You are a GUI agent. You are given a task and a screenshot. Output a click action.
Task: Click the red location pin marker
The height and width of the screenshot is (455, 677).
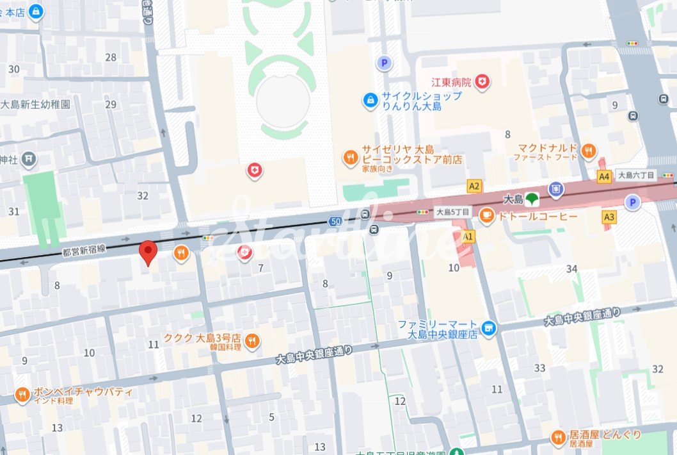coord(148,252)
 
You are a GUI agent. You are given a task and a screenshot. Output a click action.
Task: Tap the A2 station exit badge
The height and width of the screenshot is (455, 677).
coord(474,186)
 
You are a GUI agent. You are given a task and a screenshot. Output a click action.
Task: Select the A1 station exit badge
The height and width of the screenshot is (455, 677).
coord(468,236)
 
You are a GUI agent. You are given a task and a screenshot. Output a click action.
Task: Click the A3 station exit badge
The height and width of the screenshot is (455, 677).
coord(609,217)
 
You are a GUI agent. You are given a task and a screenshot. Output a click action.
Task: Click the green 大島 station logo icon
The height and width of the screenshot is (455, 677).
coord(532,200)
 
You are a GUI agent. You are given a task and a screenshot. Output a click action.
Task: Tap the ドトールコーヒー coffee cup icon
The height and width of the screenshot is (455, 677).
coord(487,215)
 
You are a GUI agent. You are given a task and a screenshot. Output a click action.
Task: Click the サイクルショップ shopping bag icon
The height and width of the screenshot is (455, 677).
coord(370,101)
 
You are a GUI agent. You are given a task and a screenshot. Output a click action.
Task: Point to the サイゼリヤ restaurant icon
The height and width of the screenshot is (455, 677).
coord(350,156)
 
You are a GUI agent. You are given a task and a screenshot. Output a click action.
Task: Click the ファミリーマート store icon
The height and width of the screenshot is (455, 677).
coord(489,329)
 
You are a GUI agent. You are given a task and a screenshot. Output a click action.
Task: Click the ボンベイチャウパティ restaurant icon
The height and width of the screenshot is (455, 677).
coord(22,395)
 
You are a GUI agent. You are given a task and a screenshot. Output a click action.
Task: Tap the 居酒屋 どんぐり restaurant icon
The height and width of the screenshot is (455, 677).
coord(557,438)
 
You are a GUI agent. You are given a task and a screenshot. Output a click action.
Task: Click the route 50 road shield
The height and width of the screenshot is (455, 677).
coord(335,222)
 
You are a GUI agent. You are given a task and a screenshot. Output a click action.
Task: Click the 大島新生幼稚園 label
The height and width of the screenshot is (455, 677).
coord(35,104)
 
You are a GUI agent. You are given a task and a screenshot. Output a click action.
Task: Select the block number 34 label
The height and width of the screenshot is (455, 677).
coord(571,268)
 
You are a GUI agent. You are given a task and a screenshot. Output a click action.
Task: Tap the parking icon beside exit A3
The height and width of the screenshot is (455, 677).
coord(633,203)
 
